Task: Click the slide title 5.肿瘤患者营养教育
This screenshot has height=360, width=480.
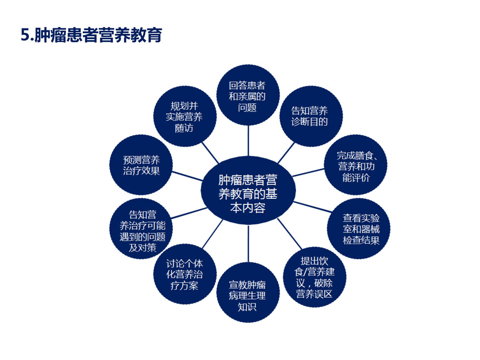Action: point(91,35)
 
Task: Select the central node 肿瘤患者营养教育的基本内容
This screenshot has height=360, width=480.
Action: point(248,190)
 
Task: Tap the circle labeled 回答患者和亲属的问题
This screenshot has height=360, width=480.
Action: point(248,95)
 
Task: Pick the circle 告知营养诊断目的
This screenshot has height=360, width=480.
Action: point(311,117)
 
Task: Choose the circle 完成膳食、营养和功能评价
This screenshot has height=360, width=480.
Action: point(356,165)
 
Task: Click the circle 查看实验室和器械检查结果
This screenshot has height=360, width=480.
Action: point(359,229)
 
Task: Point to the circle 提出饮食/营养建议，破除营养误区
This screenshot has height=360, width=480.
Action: point(314,277)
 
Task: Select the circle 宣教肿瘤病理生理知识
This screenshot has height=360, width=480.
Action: point(248,292)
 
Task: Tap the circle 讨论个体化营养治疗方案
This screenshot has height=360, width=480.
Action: point(185,274)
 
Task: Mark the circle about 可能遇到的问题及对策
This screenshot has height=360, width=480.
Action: point(141,229)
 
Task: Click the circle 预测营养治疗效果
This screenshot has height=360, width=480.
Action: point(141,165)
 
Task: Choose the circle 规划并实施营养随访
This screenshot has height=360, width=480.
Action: point(185,117)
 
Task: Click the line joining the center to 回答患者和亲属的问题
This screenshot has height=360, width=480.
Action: point(248,141)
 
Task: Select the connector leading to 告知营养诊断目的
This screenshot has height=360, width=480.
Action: point(286,152)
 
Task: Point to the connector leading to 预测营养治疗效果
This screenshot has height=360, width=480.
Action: point(187,176)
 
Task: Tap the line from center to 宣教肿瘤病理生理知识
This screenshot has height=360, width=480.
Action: point(248,243)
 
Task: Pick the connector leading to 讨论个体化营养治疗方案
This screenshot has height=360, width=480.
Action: point(213,234)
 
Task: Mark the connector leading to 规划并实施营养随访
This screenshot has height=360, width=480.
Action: point(210,152)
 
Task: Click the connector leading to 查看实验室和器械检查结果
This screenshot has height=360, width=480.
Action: point(312,207)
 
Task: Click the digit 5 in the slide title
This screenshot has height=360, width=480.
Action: point(25,35)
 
